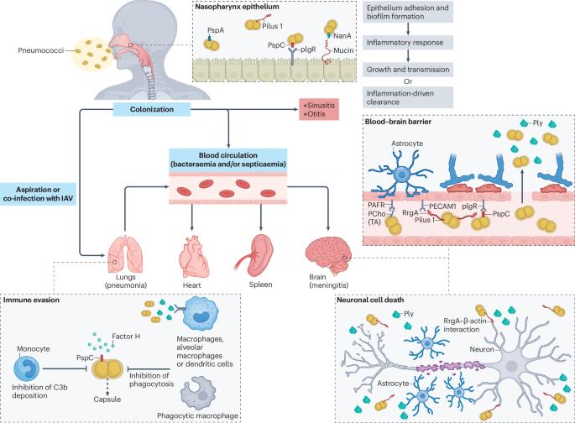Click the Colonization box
point(151,109)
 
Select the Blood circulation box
point(227,159)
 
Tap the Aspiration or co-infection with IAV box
point(38,194)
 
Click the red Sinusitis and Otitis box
point(319,109)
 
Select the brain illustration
point(328,255)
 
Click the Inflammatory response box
point(408,43)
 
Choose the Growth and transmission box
point(408,70)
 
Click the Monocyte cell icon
point(26,368)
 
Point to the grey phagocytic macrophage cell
point(199,394)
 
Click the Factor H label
point(126,336)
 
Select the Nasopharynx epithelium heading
point(237,7)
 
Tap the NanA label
point(342,35)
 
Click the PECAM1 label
point(442,206)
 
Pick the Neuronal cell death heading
point(370,300)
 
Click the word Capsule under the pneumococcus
point(107,399)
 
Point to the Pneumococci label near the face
point(40,50)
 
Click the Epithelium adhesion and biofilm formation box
point(408,12)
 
